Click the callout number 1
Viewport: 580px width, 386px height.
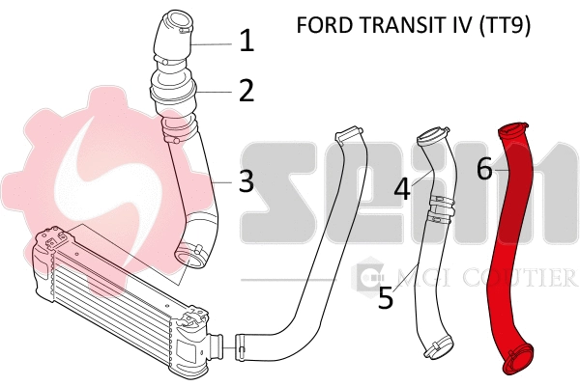coord(246,41)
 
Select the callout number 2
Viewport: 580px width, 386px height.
coord(246,91)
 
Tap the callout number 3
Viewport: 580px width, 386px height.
coord(246,179)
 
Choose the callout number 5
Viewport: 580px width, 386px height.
coord(386,297)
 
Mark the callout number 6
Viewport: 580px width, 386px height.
coord(484,170)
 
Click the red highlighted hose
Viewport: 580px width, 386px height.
coord(507,241)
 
